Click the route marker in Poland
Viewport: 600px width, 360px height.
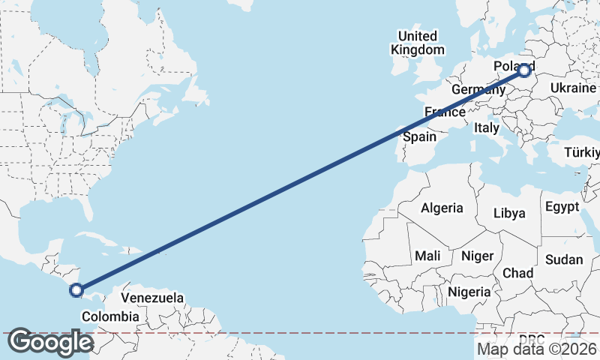524,71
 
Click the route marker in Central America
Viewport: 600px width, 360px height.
76,289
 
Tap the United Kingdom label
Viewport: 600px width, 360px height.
417,43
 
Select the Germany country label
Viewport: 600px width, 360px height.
478,89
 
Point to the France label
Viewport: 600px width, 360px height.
444,112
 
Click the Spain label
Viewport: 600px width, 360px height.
419,136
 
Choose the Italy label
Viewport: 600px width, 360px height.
486,128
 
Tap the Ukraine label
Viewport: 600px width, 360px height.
573,88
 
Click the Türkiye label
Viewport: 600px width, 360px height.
583,152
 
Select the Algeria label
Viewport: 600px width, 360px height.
442,208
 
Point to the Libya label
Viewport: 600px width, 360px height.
509,213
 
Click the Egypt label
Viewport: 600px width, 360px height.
562,206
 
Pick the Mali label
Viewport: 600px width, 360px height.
427,256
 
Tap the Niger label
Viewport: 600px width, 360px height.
477,256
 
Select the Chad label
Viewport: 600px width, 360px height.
518,272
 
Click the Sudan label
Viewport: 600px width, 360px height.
564,259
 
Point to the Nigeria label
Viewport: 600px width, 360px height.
469,291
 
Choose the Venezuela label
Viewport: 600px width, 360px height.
152,298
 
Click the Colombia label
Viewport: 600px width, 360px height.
110,316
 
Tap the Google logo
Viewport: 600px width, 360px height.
50,342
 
